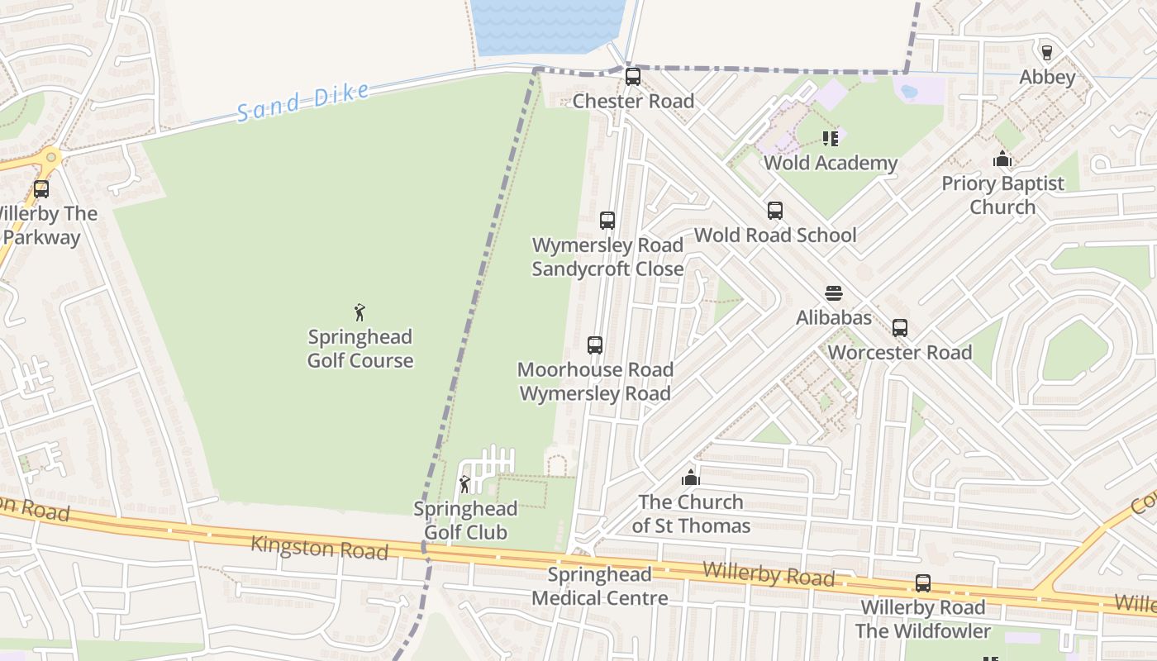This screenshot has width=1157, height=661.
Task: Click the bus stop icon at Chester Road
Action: [633, 77]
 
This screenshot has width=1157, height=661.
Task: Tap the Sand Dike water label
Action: [302, 102]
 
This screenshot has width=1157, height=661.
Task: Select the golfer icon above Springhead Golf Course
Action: [359, 312]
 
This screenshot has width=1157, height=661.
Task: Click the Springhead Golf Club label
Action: [465, 521]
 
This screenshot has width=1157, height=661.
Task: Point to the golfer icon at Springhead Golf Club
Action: [464, 484]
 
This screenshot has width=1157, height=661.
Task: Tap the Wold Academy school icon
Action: [830, 139]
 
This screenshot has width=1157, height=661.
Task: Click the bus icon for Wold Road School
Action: [774, 211]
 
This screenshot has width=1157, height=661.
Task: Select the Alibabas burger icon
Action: [833, 293]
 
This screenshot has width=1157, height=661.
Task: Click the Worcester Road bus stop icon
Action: [900, 328]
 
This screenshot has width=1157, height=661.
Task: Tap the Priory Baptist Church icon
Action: [1002, 159]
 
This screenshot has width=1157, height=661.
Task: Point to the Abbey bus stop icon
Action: [1047, 53]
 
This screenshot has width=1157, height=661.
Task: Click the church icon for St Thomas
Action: [691, 478]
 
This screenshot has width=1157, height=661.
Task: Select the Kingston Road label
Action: [319, 547]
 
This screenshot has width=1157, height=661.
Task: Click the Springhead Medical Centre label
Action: [600, 586]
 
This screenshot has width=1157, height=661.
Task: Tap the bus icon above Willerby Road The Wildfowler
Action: [923, 583]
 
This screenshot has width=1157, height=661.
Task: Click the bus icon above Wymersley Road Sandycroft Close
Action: [607, 221]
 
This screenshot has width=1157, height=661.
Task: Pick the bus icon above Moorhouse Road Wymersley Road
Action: [595, 345]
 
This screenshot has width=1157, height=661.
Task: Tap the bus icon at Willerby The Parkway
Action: [41, 189]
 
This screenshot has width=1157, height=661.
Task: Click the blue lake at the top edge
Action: [549, 25]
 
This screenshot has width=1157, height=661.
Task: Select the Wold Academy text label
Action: [830, 163]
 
